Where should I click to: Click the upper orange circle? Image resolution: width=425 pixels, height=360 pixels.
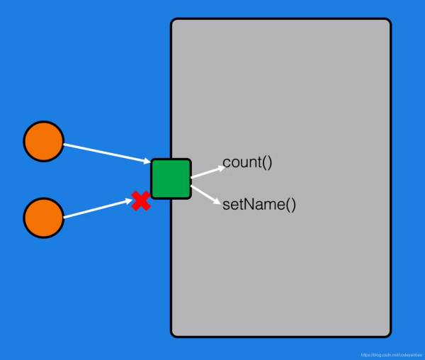[x=44, y=141]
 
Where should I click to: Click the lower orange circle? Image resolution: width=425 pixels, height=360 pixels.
[x=44, y=218]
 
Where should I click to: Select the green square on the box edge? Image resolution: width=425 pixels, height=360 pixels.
[x=171, y=179]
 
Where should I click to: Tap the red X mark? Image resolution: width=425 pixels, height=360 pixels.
[x=141, y=201]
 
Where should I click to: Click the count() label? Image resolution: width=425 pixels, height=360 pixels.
[x=247, y=162]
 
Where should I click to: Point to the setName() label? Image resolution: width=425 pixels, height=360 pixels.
[x=259, y=206]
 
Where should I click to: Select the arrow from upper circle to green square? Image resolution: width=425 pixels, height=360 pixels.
[x=106, y=153]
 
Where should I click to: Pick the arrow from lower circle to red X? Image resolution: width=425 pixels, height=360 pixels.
[x=96, y=209]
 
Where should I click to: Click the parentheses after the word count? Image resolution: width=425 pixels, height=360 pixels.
[x=266, y=162]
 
